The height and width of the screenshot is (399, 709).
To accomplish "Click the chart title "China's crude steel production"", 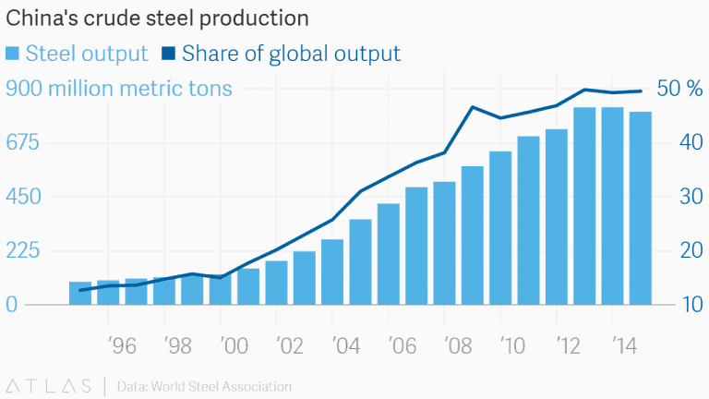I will [158, 18].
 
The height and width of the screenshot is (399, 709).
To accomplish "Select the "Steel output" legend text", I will [87, 54].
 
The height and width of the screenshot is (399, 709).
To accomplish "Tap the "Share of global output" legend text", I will [291, 54].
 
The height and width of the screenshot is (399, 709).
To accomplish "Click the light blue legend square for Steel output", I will [13, 54].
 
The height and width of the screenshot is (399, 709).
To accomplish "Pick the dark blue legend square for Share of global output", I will [169, 54].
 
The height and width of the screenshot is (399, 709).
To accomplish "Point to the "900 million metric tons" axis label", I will [119, 90].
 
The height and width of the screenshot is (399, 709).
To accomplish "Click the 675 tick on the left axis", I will [25, 143].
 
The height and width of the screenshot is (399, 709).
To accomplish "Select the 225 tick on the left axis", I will [25, 251].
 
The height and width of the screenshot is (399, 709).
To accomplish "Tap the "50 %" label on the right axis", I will [679, 90].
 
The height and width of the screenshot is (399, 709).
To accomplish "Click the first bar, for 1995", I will [80, 293].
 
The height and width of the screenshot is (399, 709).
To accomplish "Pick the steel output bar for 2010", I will [500, 228].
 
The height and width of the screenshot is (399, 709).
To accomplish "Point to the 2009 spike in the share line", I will [473, 107].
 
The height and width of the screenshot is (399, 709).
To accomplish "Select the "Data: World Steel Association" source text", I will [204, 385].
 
